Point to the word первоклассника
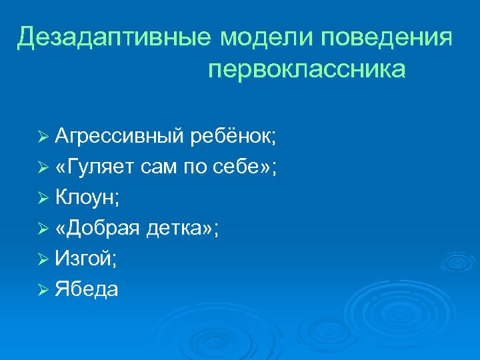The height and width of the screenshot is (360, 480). [x=307, y=69]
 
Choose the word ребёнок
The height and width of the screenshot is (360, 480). [x=233, y=138]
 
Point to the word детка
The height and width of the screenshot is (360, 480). [x=177, y=229]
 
